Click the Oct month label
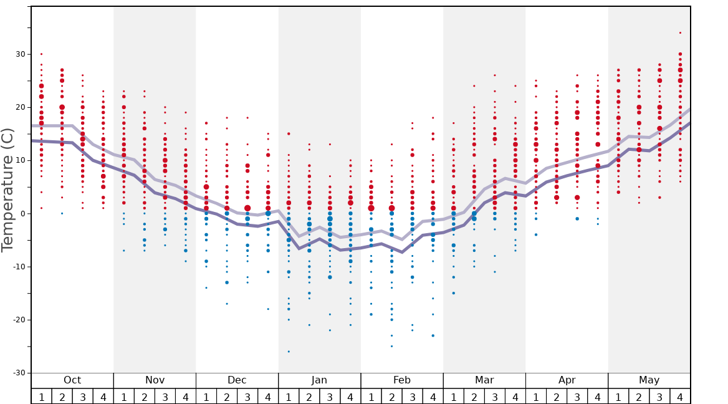[x=72, y=380]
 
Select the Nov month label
[x=155, y=380]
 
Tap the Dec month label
[x=237, y=380]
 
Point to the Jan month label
[x=319, y=380]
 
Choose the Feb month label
[x=402, y=380]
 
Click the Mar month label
[x=484, y=380]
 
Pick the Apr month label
[x=567, y=380]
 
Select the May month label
[x=649, y=380]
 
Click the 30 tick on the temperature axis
[x=21, y=54]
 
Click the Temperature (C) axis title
[x=7, y=190]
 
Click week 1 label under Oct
[x=41, y=397]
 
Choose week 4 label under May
[x=680, y=397]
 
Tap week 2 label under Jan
[x=309, y=397]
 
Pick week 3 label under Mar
[x=494, y=397]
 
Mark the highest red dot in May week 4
[x=680, y=32]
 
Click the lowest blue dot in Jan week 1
[x=289, y=352]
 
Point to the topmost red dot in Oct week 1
[x=41, y=54]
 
